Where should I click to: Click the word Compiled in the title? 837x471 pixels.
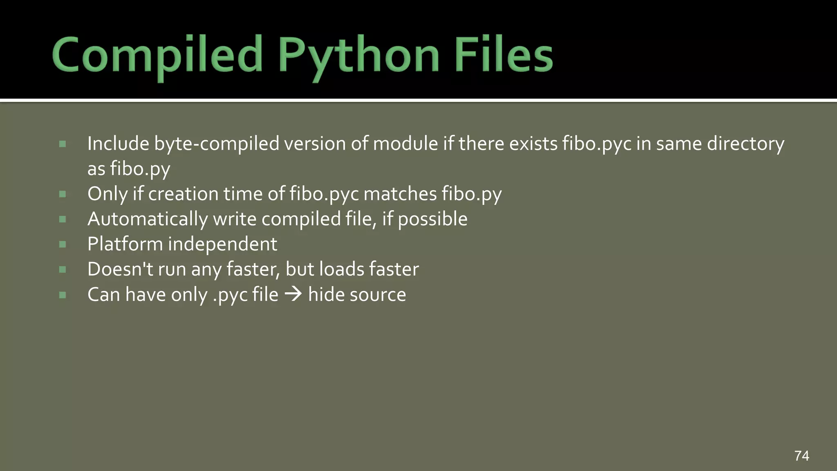click(157, 55)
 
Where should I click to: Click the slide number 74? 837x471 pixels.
click(801, 455)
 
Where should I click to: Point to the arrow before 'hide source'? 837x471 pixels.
click(293, 294)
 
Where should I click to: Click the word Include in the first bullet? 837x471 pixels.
click(118, 144)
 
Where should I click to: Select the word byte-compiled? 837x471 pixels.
click(216, 144)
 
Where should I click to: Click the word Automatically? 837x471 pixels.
click(148, 220)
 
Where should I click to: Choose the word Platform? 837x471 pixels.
click(125, 244)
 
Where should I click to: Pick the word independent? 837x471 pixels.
click(223, 244)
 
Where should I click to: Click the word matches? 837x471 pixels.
click(400, 194)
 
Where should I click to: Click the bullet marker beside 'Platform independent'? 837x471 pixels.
click(63, 244)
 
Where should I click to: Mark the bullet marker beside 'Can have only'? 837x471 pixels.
click(63, 295)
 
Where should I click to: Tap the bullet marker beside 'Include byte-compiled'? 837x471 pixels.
click(63, 144)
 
